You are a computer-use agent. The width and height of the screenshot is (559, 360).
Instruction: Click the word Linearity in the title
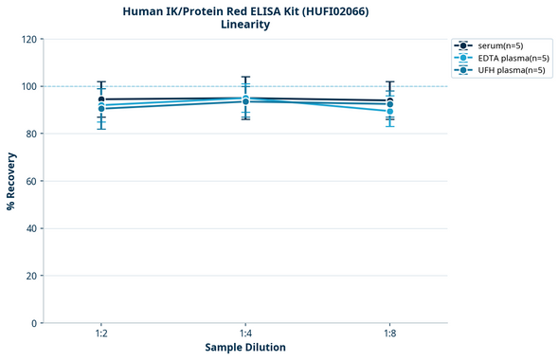point(244,25)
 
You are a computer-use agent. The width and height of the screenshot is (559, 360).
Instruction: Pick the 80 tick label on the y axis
point(31,134)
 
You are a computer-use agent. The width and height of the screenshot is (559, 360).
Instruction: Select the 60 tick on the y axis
point(31,181)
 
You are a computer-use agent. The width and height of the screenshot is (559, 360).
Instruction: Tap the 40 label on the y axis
point(31,228)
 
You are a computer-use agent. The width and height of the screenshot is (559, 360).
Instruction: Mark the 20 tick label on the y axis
point(31,276)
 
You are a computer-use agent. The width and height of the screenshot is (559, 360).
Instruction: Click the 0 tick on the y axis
point(34,323)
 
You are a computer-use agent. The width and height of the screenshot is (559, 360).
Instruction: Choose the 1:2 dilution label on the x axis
point(101,334)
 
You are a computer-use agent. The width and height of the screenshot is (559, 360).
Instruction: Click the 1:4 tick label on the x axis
point(245,334)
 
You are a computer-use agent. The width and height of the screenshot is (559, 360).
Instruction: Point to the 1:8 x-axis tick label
point(389,334)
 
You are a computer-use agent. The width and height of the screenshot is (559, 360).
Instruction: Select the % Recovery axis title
point(11,180)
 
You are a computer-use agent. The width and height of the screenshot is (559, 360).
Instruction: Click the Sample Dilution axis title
point(245,348)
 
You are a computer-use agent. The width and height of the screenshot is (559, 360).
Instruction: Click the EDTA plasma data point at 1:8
point(389,112)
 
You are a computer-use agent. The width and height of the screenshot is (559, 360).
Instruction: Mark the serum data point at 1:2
point(101,99)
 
